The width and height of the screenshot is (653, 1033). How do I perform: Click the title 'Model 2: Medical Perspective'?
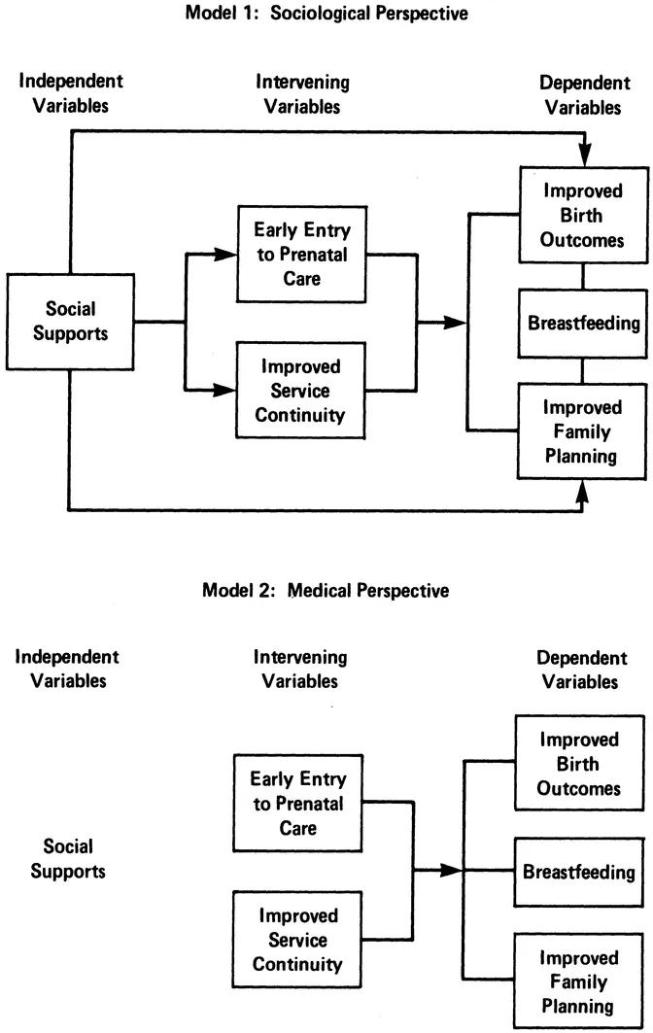pyautogui.click(x=326, y=589)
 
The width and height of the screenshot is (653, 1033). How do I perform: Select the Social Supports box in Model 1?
pyautogui.click(x=70, y=322)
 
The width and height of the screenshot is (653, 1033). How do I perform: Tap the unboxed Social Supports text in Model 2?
pyautogui.click(x=68, y=858)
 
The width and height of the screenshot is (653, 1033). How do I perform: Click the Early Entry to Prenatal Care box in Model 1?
pyautogui.click(x=290, y=253)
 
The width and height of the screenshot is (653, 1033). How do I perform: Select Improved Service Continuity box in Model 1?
pyautogui.click(x=290, y=391)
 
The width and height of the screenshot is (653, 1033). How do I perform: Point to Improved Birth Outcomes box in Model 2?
pyautogui.click(x=579, y=762)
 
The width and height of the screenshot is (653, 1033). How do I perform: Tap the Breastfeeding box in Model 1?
pyautogui.click(x=582, y=322)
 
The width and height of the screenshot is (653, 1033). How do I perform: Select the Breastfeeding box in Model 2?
pyautogui.click(x=579, y=871)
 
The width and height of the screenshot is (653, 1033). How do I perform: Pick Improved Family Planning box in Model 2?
pyautogui.click(x=579, y=980)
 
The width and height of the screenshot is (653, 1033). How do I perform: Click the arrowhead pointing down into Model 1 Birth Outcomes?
pyautogui.click(x=583, y=155)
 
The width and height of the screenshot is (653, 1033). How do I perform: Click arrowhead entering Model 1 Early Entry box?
pyautogui.click(x=226, y=253)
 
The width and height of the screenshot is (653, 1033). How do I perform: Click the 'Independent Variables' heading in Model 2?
pyautogui.click(x=68, y=669)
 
